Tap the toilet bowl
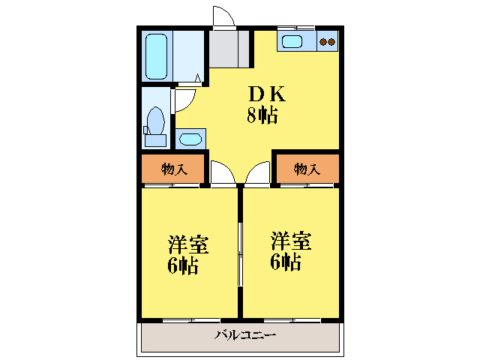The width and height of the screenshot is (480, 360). [x=157, y=121]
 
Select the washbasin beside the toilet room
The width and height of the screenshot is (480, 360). [x=190, y=139]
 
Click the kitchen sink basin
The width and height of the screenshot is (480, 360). [x=291, y=41]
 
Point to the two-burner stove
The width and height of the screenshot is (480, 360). [x=328, y=42]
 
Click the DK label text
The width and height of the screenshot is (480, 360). [x=266, y=94]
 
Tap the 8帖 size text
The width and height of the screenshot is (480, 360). [x=263, y=115]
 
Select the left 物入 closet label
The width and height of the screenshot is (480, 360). [x=173, y=169]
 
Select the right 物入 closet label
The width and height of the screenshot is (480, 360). [x=307, y=169]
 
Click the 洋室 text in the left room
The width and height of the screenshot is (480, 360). [x=188, y=245]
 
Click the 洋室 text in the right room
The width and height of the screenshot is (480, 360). [x=291, y=241]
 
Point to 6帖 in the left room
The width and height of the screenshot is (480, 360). [x=184, y=265]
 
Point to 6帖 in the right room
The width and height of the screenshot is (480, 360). [x=286, y=262]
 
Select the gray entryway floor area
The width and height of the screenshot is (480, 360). [x=229, y=48]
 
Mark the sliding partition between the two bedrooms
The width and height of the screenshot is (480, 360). [x=240, y=255]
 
